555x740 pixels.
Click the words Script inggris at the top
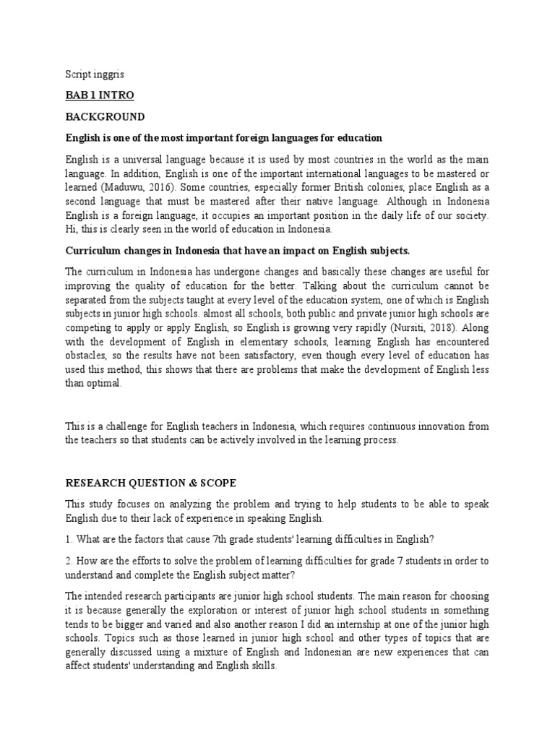pyautogui.click(x=90, y=74)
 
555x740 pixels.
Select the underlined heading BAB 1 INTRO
pyautogui.click(x=100, y=95)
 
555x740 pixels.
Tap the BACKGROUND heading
pyautogui.click(x=105, y=116)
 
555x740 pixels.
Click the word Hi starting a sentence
pyautogui.click(x=72, y=229)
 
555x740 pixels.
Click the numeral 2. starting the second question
pyautogui.click(x=69, y=562)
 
